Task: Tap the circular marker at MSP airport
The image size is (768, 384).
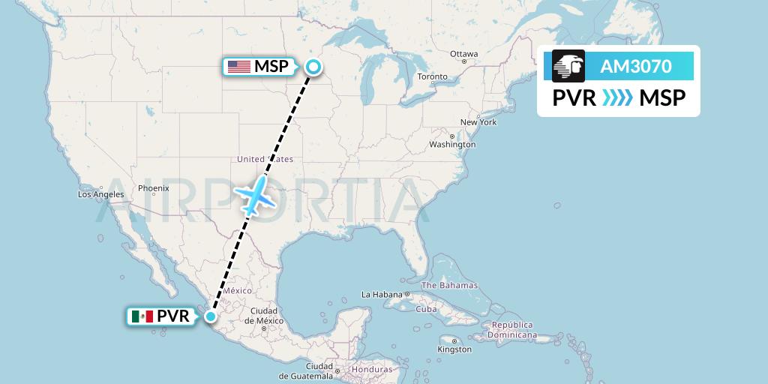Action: [x=313, y=67]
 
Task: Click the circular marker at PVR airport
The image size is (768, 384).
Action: [x=212, y=316]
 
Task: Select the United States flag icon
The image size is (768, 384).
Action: [x=239, y=67]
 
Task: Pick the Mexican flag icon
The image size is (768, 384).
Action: [x=142, y=316]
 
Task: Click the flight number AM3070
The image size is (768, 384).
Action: [x=635, y=67]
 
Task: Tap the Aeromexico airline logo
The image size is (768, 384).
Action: [x=568, y=67]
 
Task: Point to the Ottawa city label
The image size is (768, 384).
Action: [x=463, y=54]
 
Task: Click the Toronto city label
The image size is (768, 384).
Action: [x=432, y=76]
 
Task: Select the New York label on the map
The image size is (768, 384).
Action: [x=478, y=122]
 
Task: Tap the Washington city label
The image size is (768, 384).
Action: [x=452, y=144]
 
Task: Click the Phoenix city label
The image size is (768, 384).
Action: [x=154, y=188]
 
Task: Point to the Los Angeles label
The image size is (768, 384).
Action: [x=100, y=194]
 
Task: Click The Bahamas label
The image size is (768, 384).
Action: [x=449, y=286]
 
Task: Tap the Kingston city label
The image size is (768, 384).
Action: [x=454, y=349]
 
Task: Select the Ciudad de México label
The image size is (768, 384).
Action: [x=264, y=315]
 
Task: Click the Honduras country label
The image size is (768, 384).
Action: [x=373, y=370]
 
